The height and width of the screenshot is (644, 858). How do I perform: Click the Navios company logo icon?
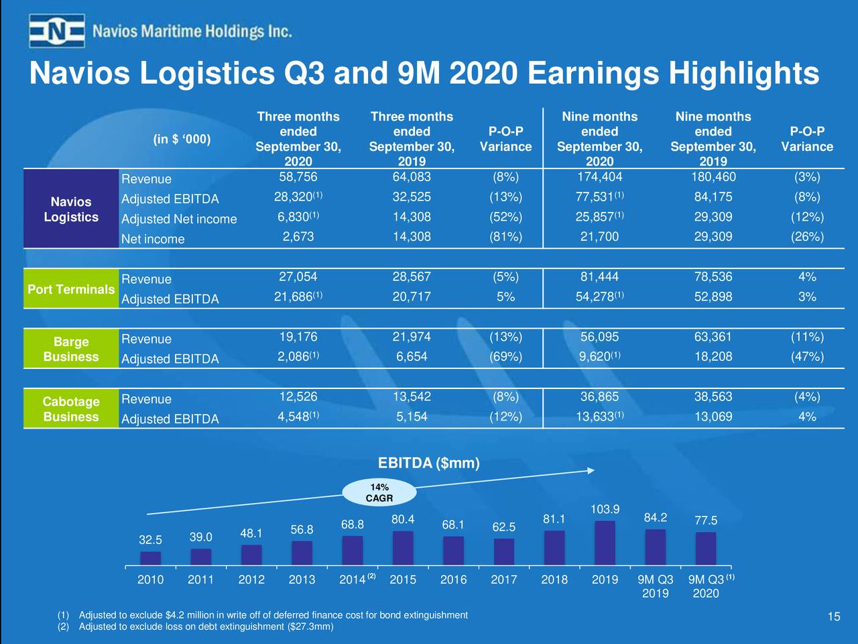[x=57, y=31]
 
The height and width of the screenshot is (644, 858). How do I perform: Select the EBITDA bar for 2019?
[x=605, y=542]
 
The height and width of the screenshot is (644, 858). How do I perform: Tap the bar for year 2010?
[x=150, y=557]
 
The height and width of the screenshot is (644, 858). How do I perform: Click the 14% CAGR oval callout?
[x=379, y=493]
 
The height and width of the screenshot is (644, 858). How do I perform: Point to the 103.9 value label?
[x=605, y=510]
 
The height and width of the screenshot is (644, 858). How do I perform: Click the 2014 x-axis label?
[x=353, y=580]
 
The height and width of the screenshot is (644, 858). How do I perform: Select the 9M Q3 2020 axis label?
[x=707, y=586]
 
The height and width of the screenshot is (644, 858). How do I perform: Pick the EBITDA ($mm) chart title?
[x=428, y=464]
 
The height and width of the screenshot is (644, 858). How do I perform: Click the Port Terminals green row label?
[x=71, y=289]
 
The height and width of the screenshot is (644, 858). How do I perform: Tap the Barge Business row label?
[x=71, y=349]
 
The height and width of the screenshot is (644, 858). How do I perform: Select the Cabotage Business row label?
[x=71, y=409]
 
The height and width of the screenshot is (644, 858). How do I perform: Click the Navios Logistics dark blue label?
[x=71, y=209]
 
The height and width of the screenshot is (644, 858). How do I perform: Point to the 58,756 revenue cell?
[x=298, y=177]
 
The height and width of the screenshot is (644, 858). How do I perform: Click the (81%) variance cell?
[x=505, y=237]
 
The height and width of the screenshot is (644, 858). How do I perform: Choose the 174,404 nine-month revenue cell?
[x=599, y=177]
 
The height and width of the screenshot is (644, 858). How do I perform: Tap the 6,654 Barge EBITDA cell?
[x=412, y=357]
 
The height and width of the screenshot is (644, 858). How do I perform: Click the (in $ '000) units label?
[x=182, y=139]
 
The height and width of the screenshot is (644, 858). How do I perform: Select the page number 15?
[x=833, y=617]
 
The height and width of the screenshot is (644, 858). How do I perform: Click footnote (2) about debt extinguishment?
[x=201, y=627]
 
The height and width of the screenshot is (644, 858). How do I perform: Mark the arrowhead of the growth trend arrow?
[x=591, y=471]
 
